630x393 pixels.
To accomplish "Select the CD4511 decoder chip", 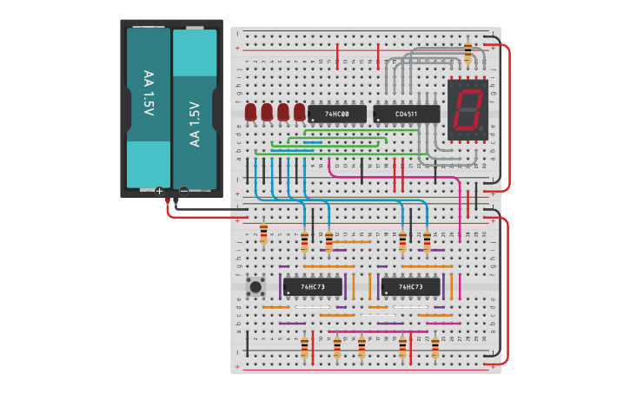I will [x=406, y=114].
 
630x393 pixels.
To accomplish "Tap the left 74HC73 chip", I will [x=312, y=286].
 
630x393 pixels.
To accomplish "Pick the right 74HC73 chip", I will [x=410, y=286].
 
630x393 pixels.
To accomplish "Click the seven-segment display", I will [x=467, y=109].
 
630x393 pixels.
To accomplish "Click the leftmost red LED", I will [x=250, y=112].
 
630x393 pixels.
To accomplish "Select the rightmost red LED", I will [x=300, y=112].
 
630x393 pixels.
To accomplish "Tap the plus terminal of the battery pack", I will [x=159, y=190].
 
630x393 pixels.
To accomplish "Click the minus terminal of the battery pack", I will [x=183, y=190].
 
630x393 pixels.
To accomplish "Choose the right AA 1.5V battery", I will [x=195, y=109].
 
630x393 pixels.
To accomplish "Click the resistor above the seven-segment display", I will [x=468, y=52].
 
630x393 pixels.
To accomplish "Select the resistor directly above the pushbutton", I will [x=264, y=233].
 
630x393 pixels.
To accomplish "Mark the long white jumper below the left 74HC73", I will [x=313, y=307].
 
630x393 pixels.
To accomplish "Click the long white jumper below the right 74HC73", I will [x=410, y=307].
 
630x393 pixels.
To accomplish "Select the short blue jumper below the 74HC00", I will [x=312, y=143].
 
